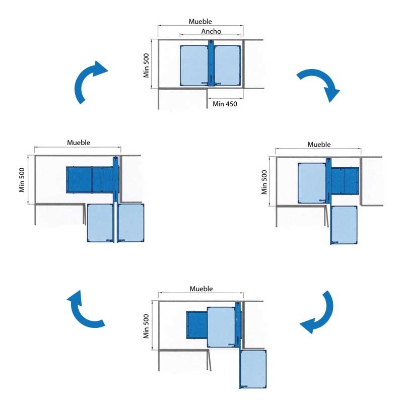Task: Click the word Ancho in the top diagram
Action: (211, 31)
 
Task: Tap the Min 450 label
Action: (225, 104)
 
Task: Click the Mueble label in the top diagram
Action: (200, 22)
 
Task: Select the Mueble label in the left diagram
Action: (79, 143)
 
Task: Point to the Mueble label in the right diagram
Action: (319, 145)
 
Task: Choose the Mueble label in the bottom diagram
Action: (201, 289)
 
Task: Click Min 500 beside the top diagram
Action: (146, 65)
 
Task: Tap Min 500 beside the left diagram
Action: (22, 180)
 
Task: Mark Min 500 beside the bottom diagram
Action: (147, 326)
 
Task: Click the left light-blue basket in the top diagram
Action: (194, 65)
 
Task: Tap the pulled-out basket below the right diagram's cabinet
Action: (345, 225)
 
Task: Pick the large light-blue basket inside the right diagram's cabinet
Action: (311, 182)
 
